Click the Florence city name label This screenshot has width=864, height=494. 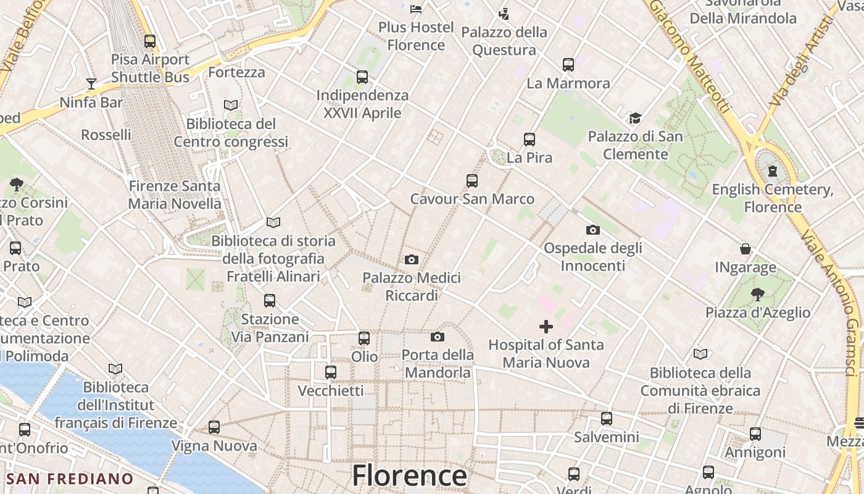click(x=409, y=476)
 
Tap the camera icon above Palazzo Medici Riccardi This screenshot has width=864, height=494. click(x=412, y=260)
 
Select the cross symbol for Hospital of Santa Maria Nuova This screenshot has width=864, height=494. click(x=546, y=327)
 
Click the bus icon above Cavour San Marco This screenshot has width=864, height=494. click(x=472, y=181)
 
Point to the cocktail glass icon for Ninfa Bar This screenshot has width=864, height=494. click(x=91, y=84)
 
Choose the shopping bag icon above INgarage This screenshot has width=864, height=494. click(x=746, y=249)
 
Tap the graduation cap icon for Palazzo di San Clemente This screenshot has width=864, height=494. click(x=635, y=119)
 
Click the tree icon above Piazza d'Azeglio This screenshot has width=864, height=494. click(x=757, y=295)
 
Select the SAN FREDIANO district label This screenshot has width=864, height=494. click(x=70, y=479)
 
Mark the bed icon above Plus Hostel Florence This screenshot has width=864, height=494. click(x=416, y=9)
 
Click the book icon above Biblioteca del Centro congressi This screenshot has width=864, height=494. click(x=231, y=106)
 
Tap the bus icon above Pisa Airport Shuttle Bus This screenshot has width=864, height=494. click(x=150, y=41)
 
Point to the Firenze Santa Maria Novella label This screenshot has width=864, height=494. click(x=175, y=195)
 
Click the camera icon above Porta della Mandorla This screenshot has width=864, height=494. click(x=438, y=337)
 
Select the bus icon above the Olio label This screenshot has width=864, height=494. click(x=364, y=338)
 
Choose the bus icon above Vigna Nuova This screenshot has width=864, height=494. click(x=214, y=427)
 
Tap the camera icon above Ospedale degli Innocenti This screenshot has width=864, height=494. click(x=592, y=230)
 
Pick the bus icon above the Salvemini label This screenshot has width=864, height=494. click(x=607, y=419)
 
